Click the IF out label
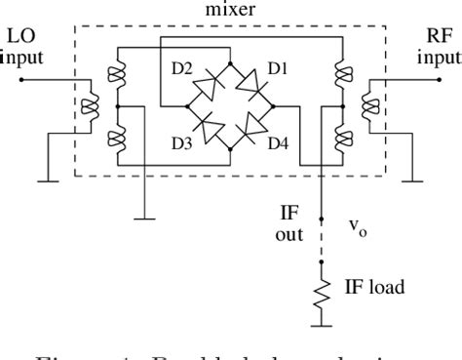click(290, 221)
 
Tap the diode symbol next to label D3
click(208, 125)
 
